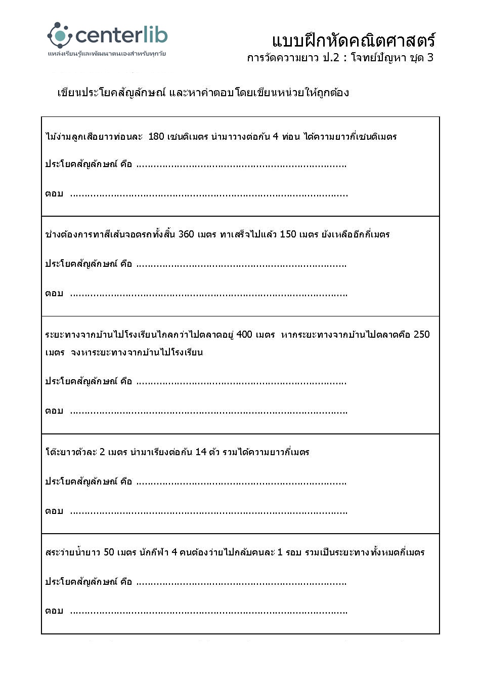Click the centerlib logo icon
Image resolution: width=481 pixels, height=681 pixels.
(x=60, y=35)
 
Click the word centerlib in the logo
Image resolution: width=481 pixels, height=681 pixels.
(x=121, y=35)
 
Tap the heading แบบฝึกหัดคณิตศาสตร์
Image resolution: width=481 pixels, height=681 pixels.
(x=354, y=41)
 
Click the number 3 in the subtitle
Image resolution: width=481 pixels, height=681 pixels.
(x=430, y=57)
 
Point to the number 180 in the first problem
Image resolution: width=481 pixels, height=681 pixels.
(x=156, y=136)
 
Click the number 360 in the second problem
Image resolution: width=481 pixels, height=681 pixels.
(x=186, y=234)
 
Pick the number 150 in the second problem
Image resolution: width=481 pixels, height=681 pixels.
(x=288, y=234)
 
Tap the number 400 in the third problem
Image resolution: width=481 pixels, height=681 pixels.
(x=244, y=334)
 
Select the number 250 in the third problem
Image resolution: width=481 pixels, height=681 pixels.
(x=421, y=334)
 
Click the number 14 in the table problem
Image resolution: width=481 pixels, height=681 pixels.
(x=201, y=452)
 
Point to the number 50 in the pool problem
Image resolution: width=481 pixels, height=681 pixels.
(x=109, y=552)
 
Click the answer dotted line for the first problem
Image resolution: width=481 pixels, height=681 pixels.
(x=208, y=194)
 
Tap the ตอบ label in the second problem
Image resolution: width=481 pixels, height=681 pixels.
(x=54, y=294)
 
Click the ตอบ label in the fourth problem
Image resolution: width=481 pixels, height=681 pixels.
(x=54, y=511)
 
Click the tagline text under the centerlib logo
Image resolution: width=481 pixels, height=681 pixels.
(x=107, y=53)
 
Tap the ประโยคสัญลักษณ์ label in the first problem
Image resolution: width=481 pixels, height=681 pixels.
(x=81, y=164)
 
